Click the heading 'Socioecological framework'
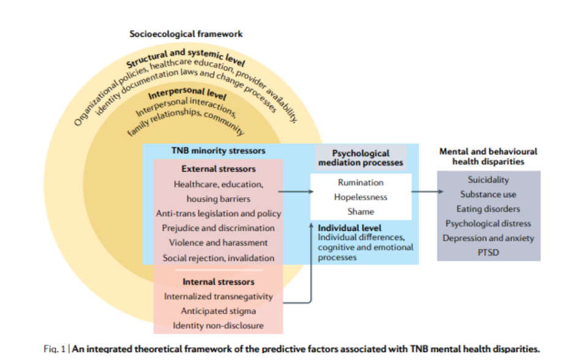click(x=186, y=34)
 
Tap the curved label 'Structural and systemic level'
click(x=186, y=58)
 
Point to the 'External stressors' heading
click(x=219, y=168)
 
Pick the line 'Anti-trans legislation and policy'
click(x=219, y=213)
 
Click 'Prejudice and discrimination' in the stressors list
click(x=219, y=228)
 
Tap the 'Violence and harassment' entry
click(x=219, y=242)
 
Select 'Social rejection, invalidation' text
click(x=219, y=258)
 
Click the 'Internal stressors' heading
click(x=219, y=282)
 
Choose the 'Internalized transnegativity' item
click(x=219, y=296)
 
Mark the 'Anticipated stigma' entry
click(x=219, y=311)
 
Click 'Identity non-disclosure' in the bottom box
click(x=219, y=326)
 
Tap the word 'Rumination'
click(x=361, y=182)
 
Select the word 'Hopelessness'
click(x=361, y=197)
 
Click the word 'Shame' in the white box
click(x=361, y=211)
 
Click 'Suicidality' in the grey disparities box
click(x=488, y=180)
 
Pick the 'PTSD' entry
click(x=488, y=252)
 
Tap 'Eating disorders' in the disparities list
click(x=488, y=209)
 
